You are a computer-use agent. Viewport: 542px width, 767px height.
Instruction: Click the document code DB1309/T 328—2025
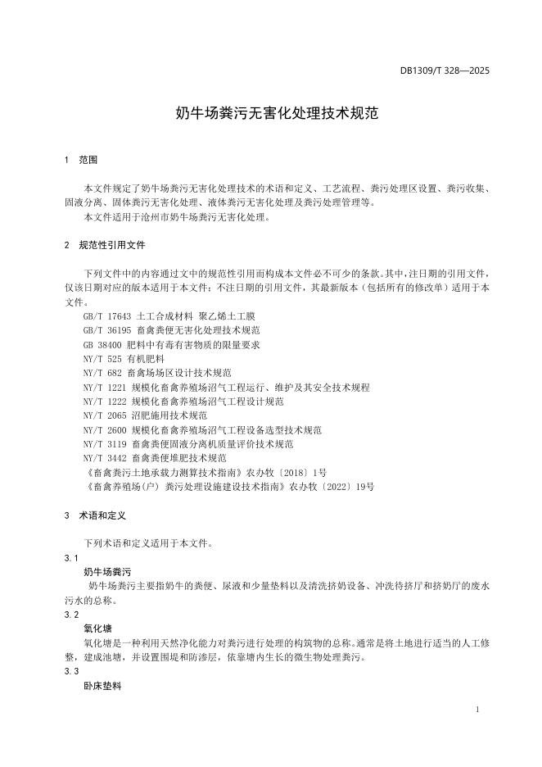(x=445, y=71)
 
